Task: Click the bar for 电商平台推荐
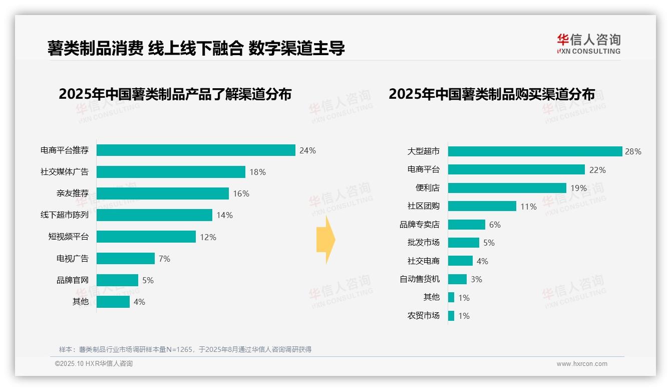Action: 196,150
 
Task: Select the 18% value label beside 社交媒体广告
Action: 257,172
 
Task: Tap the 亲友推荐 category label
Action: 72,193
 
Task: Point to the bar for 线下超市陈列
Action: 154,215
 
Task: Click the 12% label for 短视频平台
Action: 208,237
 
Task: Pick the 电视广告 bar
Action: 126,259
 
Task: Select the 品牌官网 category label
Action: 72,280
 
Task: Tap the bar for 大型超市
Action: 535,151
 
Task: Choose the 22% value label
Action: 597,170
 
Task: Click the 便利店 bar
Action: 507,188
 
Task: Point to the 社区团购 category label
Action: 423,206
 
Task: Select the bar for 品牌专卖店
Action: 466,225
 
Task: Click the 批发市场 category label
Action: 423,243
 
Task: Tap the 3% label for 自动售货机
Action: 476,279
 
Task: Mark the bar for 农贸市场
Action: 451,316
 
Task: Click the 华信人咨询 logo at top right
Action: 588,44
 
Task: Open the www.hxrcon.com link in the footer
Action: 581,364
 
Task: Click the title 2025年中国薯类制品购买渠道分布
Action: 491,94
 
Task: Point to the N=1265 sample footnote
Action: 185,349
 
